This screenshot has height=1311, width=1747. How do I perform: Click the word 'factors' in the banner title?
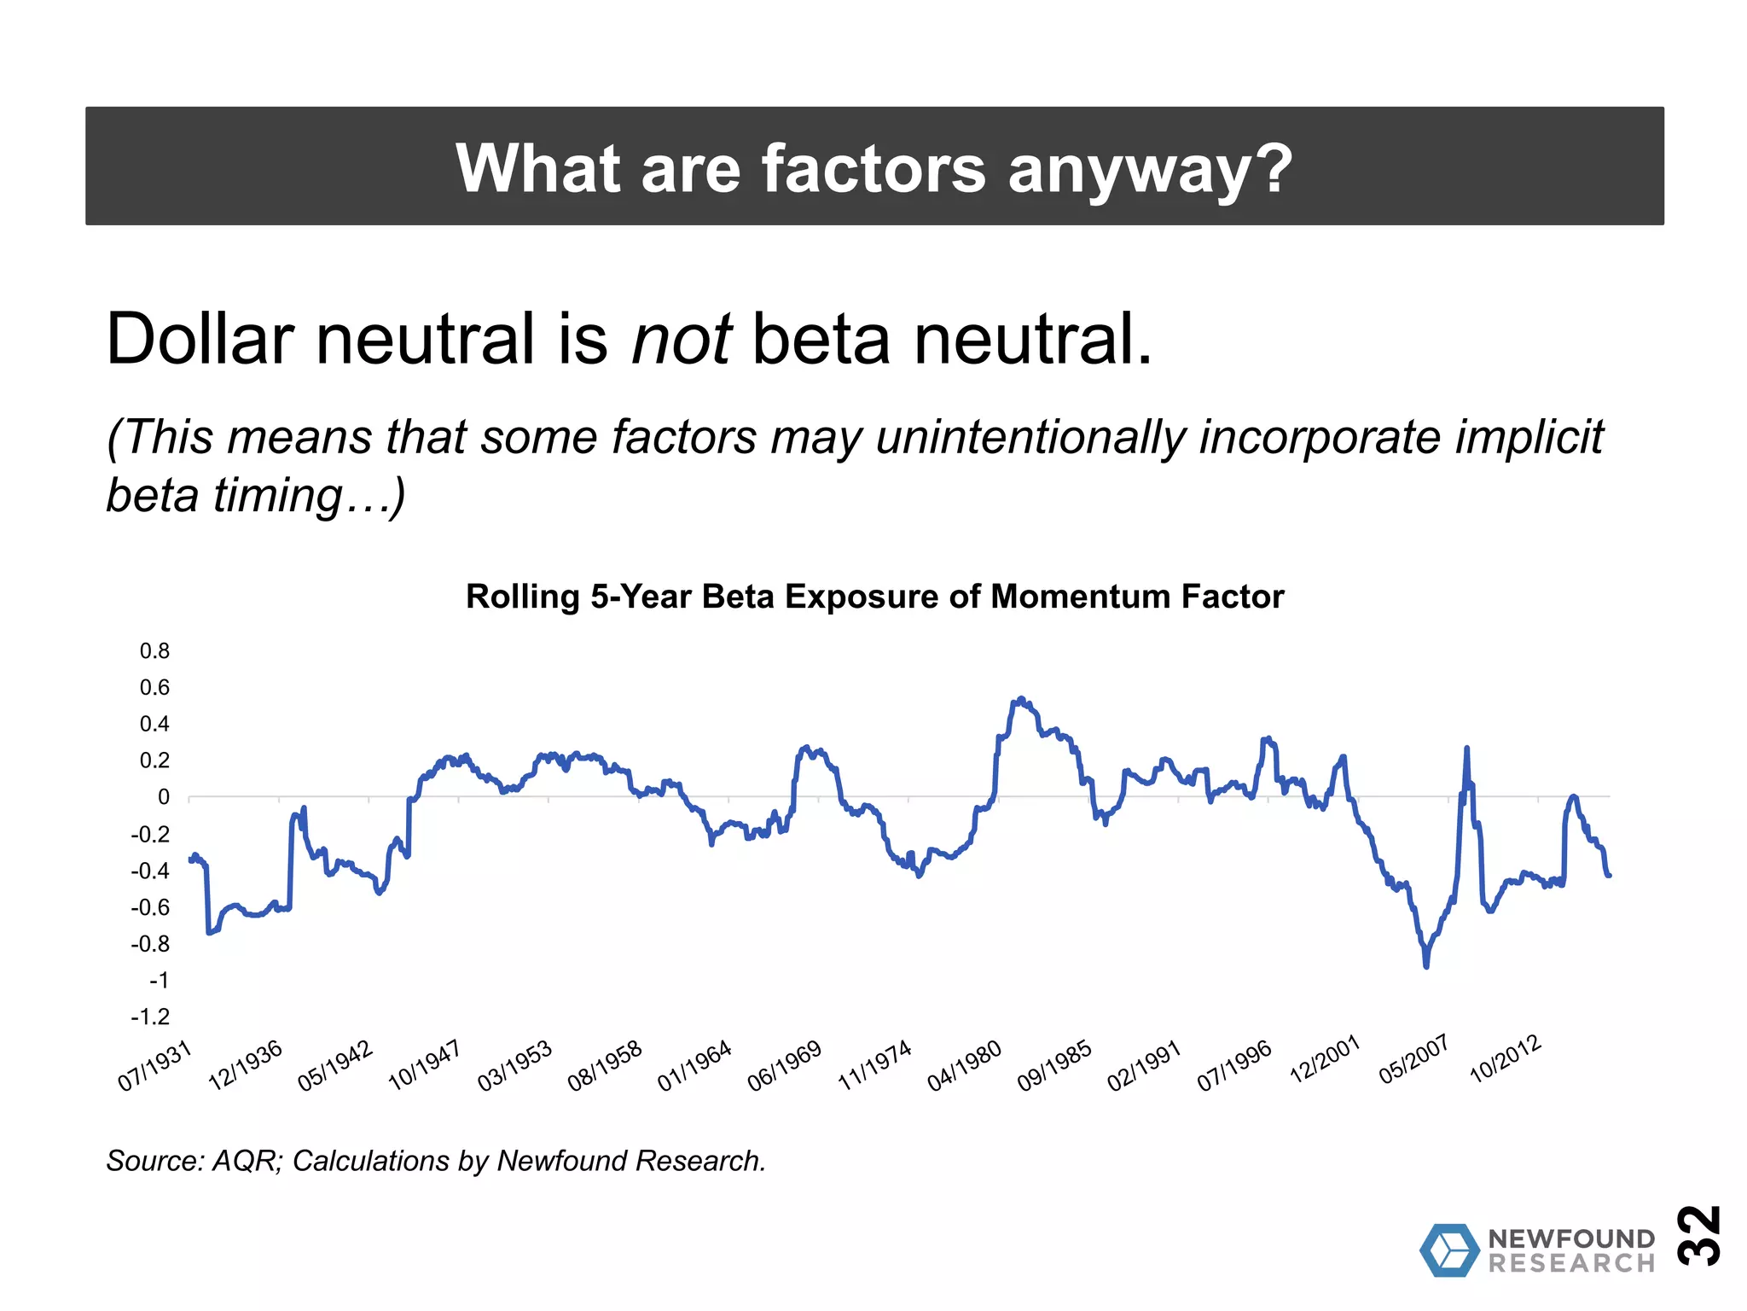[873, 168]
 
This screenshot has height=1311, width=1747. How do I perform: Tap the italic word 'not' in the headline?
[681, 339]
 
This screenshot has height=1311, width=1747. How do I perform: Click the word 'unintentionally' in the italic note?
[1030, 437]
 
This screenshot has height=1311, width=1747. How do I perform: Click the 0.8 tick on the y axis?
[154, 651]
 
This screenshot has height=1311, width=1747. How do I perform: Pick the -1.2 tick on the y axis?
[150, 1017]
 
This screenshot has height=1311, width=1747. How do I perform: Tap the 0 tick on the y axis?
[164, 797]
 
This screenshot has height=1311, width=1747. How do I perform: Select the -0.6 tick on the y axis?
[150, 907]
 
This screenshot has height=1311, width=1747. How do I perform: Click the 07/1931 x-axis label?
[154, 1067]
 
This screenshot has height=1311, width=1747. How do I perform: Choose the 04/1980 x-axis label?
[965, 1066]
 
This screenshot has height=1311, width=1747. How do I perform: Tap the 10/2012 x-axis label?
[1506, 1059]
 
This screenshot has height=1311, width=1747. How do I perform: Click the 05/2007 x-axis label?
[1414, 1060]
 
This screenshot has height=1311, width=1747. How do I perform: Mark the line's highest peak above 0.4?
[1021, 699]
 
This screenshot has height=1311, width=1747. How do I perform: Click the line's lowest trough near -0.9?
[1426, 965]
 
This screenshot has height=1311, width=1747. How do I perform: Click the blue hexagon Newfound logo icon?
[1449, 1250]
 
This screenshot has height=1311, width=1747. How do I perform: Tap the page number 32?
[1699, 1235]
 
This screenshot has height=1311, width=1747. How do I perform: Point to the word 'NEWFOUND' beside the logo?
[1571, 1238]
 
